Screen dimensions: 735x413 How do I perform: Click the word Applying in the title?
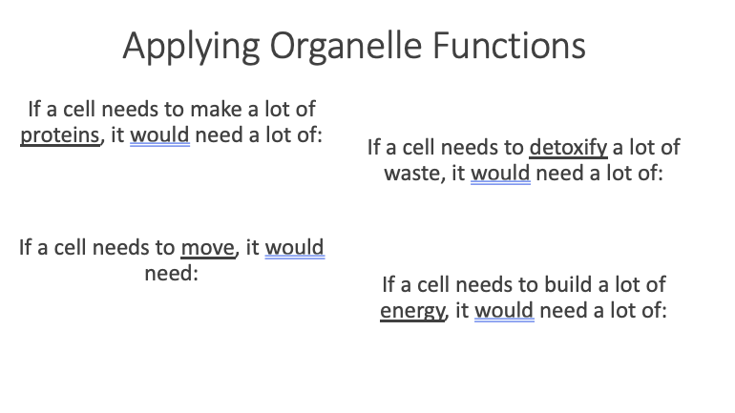point(191,48)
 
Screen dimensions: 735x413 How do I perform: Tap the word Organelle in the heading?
point(346,46)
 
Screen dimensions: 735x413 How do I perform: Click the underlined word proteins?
point(60,135)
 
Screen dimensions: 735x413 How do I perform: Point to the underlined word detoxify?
point(568,148)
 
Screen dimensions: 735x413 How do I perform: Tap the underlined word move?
point(208,248)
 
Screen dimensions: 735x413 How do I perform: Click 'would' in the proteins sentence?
point(159,135)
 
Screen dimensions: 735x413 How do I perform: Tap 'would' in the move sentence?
point(295,248)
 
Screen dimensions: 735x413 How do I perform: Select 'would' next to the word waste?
point(500,174)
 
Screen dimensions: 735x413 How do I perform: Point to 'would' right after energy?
point(504,310)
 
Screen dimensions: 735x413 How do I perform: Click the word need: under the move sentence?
point(172,274)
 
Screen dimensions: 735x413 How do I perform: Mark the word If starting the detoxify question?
point(373,148)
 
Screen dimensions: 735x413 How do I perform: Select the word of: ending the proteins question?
point(311,135)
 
